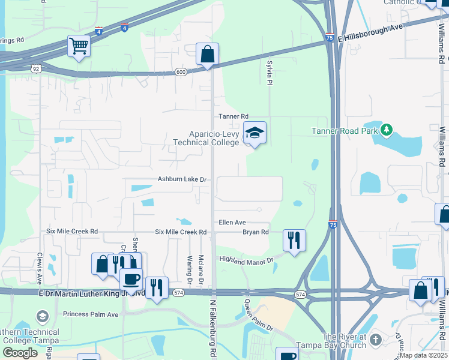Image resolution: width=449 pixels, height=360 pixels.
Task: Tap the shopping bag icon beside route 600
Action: coord(207,54)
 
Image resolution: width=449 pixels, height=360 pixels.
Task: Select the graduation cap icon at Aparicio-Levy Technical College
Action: coord(255,134)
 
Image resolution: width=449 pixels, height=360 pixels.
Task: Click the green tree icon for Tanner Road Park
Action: coord(387,129)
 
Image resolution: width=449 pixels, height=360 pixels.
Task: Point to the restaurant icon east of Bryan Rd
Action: coord(294,241)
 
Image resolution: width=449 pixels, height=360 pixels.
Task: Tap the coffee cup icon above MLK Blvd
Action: coord(131,278)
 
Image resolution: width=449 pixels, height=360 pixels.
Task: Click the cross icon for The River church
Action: coord(376,340)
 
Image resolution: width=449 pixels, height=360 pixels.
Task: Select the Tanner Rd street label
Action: coord(233,116)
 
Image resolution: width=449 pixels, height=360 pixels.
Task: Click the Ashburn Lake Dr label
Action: coord(182,179)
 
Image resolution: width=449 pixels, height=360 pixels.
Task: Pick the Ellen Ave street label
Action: coord(232,222)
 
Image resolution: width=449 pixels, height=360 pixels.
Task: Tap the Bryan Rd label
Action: coord(255,232)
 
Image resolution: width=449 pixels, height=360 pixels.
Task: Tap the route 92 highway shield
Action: coord(37,70)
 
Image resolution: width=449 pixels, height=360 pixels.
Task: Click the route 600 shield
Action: coord(181,72)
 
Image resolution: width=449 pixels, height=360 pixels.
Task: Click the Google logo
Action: coord(20,353)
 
